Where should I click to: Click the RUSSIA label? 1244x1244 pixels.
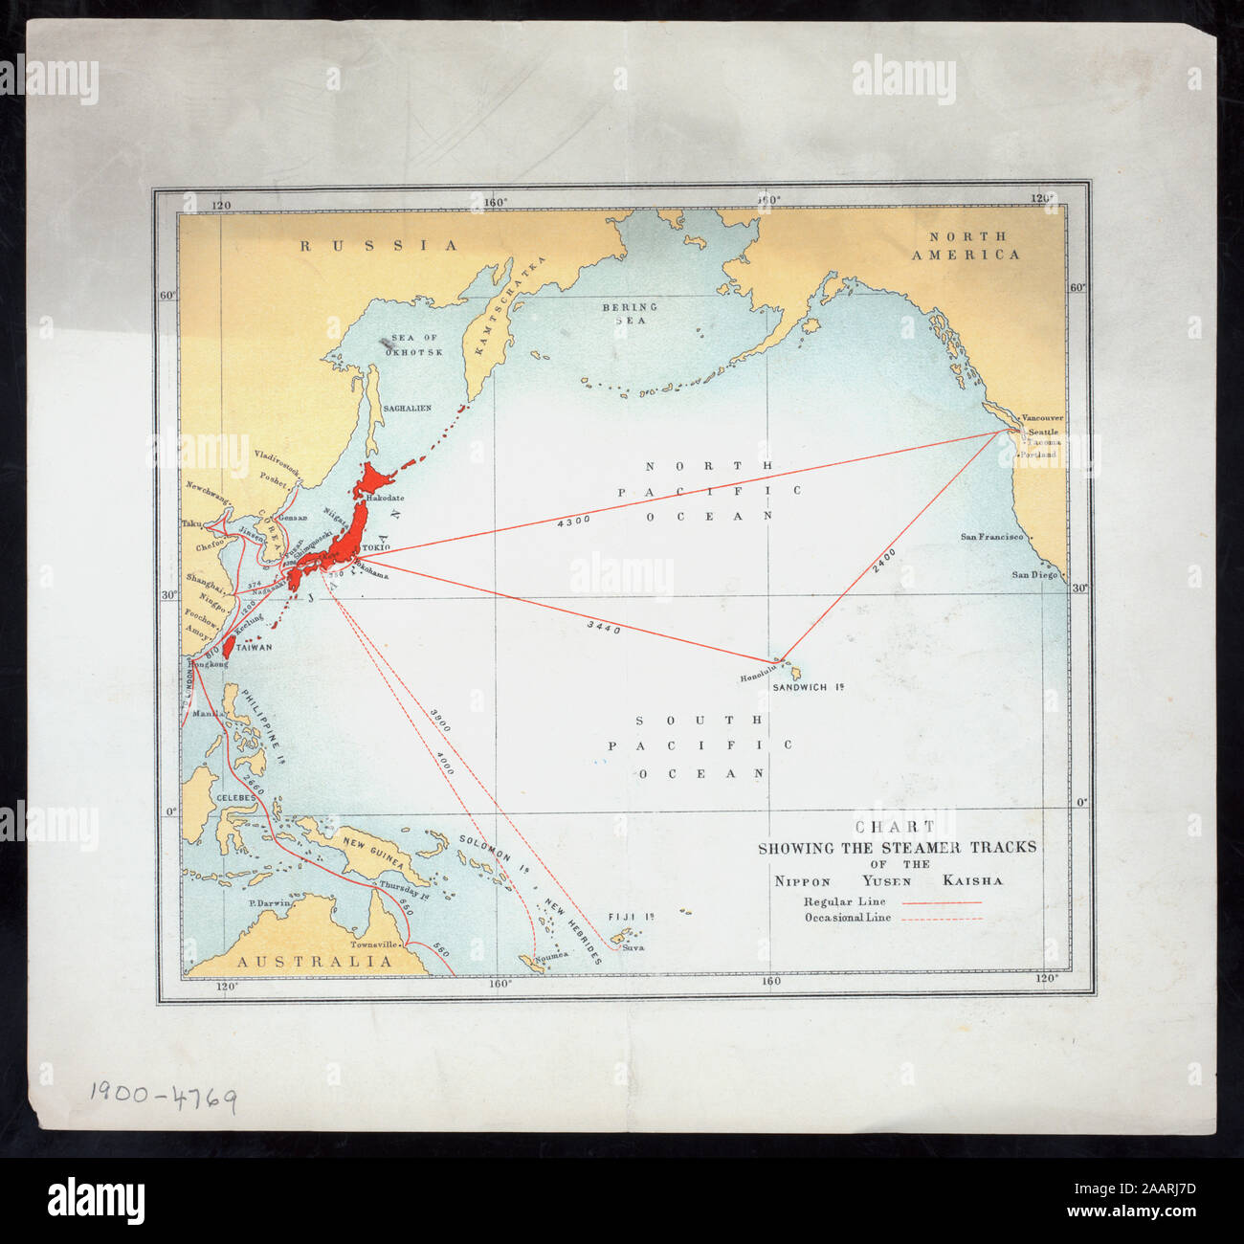[x=380, y=246]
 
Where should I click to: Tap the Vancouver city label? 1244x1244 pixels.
[x=1042, y=418]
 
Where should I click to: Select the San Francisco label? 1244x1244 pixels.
[x=991, y=537]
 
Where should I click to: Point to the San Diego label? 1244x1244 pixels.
[x=1035, y=575]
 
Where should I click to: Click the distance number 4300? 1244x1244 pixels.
[x=573, y=520]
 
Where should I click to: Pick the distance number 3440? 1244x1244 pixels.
[x=603, y=628]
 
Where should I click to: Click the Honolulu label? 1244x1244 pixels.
[x=756, y=678]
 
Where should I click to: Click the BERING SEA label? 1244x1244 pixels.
[x=629, y=314]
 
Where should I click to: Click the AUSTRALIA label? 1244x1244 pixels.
[x=315, y=961]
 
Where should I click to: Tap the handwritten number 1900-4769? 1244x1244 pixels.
[x=163, y=1095]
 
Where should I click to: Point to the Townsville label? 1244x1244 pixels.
[x=373, y=944]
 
